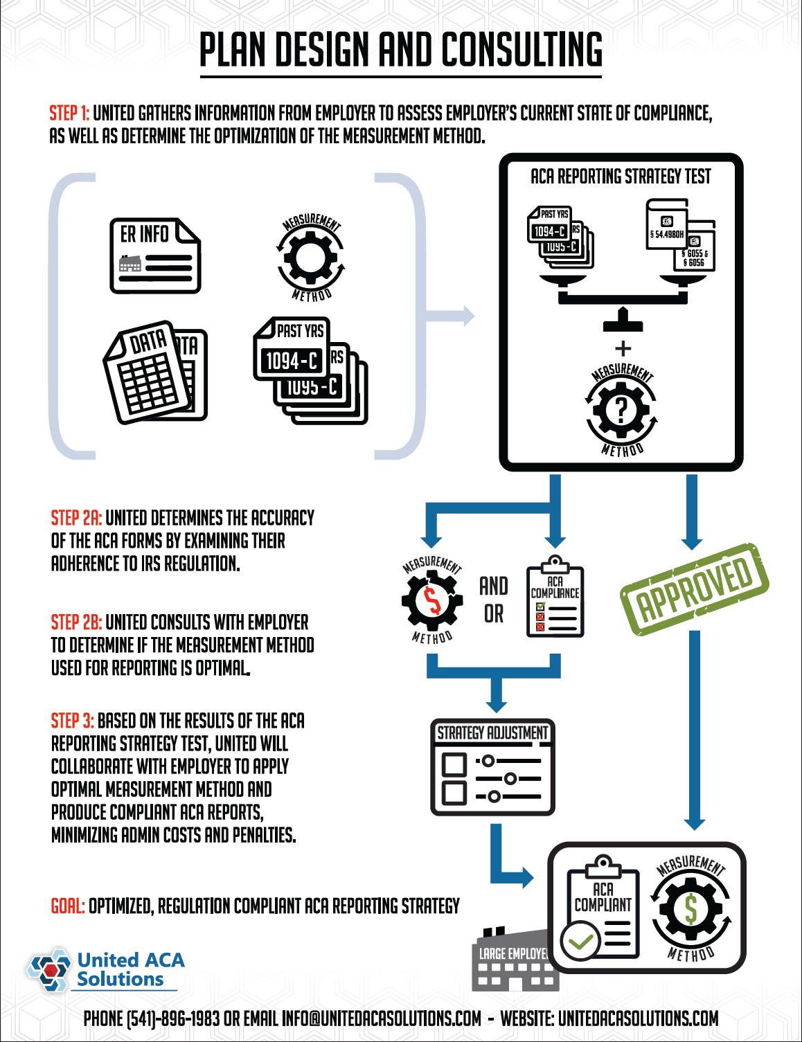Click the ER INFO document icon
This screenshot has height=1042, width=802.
[x=155, y=256]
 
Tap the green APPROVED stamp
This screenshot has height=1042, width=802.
[x=694, y=589]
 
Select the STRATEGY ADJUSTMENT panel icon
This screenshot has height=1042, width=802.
[x=492, y=767]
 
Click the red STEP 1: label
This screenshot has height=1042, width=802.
[x=69, y=114]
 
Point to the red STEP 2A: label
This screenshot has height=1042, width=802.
[x=76, y=518]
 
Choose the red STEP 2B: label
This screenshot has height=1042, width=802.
[x=76, y=622]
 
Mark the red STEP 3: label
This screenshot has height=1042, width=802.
[x=72, y=721]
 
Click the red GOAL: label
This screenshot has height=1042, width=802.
[x=68, y=906]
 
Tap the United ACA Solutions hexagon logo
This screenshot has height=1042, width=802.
[x=49, y=969]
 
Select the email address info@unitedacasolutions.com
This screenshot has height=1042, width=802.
[x=381, y=1018]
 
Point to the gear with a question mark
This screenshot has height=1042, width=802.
[x=621, y=411]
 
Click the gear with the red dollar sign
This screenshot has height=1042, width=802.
[x=432, y=600]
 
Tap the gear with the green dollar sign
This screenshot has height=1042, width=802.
[x=690, y=909]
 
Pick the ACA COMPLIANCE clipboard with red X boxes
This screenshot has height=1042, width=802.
[x=555, y=602]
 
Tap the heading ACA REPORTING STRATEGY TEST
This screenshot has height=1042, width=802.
[x=621, y=177]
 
